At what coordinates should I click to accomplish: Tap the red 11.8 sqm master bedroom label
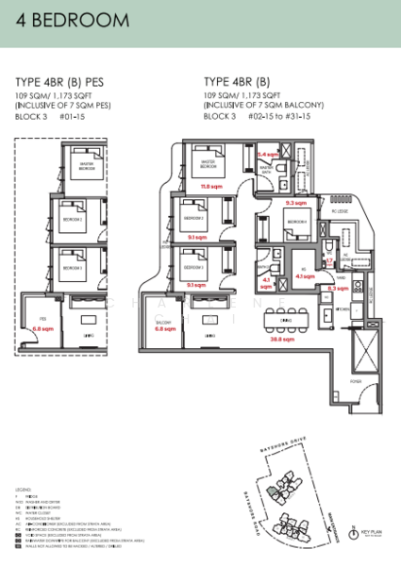tap(210, 187)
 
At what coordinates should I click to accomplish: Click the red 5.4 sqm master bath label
tap(268, 154)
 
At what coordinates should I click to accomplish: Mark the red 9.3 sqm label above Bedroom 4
tap(294, 202)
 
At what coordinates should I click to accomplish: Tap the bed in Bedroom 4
tap(298, 224)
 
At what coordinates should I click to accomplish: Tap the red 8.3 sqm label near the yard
tap(335, 289)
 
